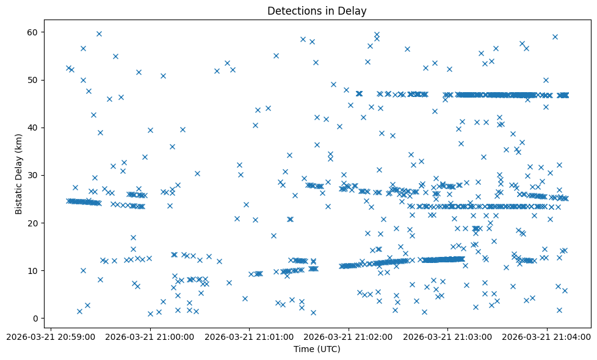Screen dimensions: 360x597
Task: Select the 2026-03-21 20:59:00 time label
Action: tap(51, 336)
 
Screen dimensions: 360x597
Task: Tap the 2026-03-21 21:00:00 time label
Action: tap(150, 336)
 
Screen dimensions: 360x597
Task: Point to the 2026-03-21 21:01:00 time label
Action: tap(250, 336)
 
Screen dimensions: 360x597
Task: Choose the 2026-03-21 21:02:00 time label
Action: tap(349, 336)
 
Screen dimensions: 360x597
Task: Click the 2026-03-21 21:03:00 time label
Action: tap(449, 336)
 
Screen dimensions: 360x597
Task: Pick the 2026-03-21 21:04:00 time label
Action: tap(548, 336)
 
